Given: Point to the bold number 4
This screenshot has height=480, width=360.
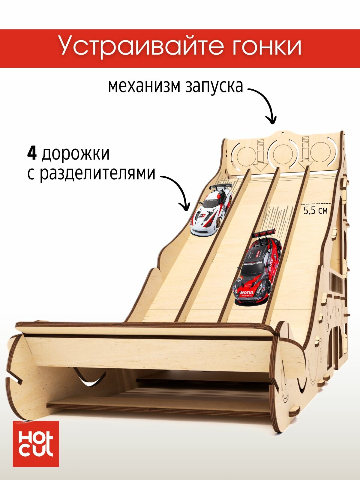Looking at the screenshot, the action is pos(32,154).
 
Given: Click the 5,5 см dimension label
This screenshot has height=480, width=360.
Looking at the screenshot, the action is pos(316,211).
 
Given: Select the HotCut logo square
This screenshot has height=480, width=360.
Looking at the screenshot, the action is pos(36,444).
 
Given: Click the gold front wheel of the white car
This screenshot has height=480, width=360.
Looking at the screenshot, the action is pos(218,222).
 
